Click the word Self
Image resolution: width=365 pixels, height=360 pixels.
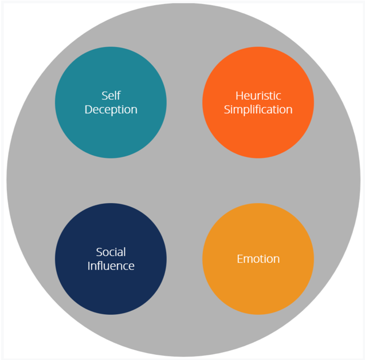click(x=111, y=96)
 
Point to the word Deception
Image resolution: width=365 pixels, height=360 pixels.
click(x=111, y=109)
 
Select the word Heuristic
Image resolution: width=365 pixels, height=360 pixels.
click(x=258, y=96)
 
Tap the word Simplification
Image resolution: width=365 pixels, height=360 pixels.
click(x=258, y=109)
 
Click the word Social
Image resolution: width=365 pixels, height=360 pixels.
click(x=111, y=252)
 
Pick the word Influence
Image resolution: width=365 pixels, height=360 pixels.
click(x=111, y=266)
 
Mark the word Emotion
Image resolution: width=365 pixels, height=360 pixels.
click(x=258, y=259)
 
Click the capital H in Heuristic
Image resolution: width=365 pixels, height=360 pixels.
click(x=239, y=96)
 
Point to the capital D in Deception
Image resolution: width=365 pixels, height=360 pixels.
click(x=88, y=109)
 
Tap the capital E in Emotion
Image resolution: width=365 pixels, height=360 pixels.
click(x=240, y=259)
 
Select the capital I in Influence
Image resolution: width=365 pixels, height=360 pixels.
click(x=89, y=266)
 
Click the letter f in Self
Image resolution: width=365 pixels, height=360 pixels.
click(x=119, y=95)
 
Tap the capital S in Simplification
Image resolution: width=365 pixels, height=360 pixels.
click(x=227, y=109)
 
